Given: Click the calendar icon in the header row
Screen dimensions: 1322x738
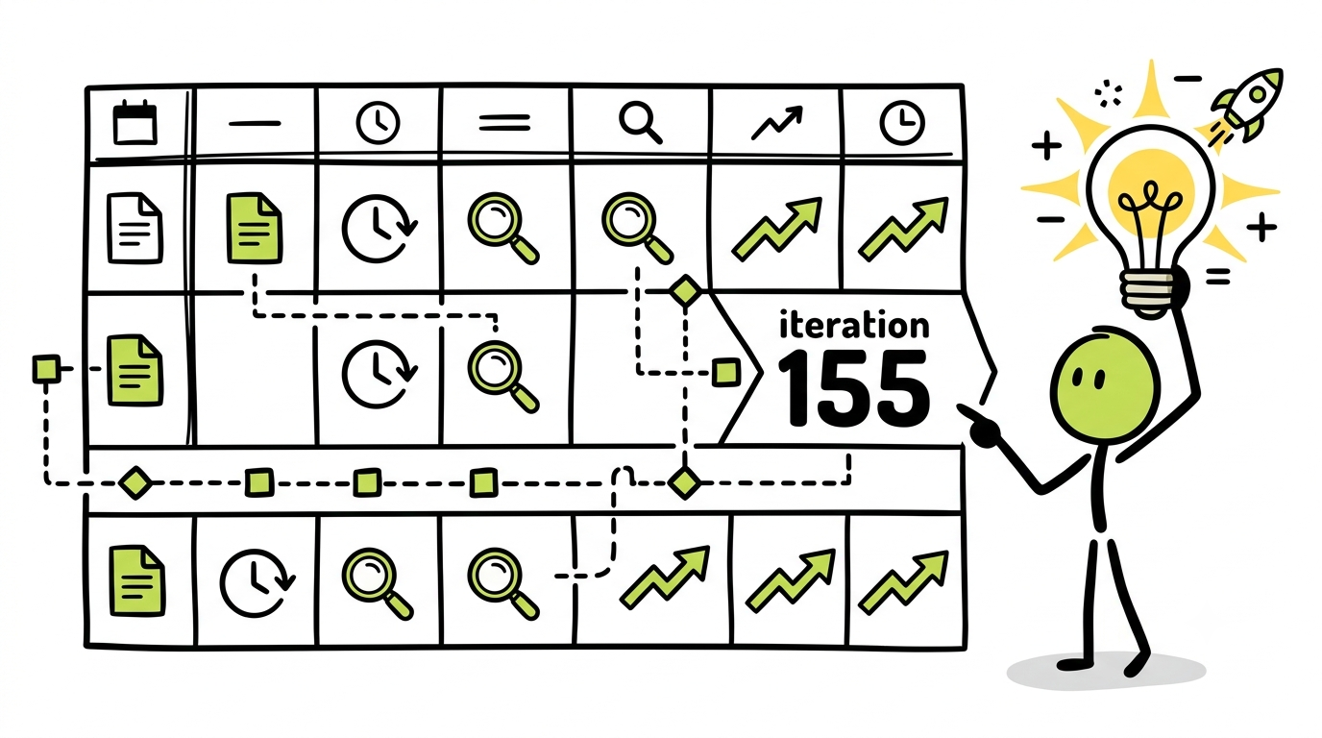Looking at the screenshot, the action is pyautogui.click(x=135, y=122).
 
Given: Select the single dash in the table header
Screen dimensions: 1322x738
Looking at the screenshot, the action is pyautogui.click(x=255, y=123).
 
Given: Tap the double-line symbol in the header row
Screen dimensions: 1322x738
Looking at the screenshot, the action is pyautogui.click(x=504, y=123).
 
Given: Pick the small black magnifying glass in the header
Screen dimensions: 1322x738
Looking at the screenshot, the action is pyautogui.click(x=640, y=122).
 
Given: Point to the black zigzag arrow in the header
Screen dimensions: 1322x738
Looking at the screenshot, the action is pyautogui.click(x=776, y=123).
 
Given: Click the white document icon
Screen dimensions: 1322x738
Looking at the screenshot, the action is pyautogui.click(x=135, y=228).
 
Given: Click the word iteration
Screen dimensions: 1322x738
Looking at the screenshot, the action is pyautogui.click(x=853, y=326).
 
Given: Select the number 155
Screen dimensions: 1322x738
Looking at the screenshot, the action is pyautogui.click(x=853, y=387).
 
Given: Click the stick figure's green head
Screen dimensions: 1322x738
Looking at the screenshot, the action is pyautogui.click(x=1105, y=383).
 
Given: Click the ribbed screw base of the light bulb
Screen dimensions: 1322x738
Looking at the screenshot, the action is pyautogui.click(x=1148, y=293).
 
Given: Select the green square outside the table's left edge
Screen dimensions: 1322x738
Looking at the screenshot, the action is pyautogui.click(x=46, y=369).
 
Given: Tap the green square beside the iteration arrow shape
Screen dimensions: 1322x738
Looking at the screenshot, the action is pyautogui.click(x=725, y=373).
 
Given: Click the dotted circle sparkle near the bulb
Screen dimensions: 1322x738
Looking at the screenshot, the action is pyautogui.click(x=1108, y=94).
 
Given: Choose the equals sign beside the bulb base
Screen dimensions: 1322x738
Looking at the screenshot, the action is pyautogui.click(x=1217, y=276).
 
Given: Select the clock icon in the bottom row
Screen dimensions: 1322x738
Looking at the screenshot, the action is pyautogui.click(x=257, y=583).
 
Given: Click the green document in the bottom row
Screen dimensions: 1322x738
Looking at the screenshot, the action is pyautogui.click(x=137, y=581).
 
